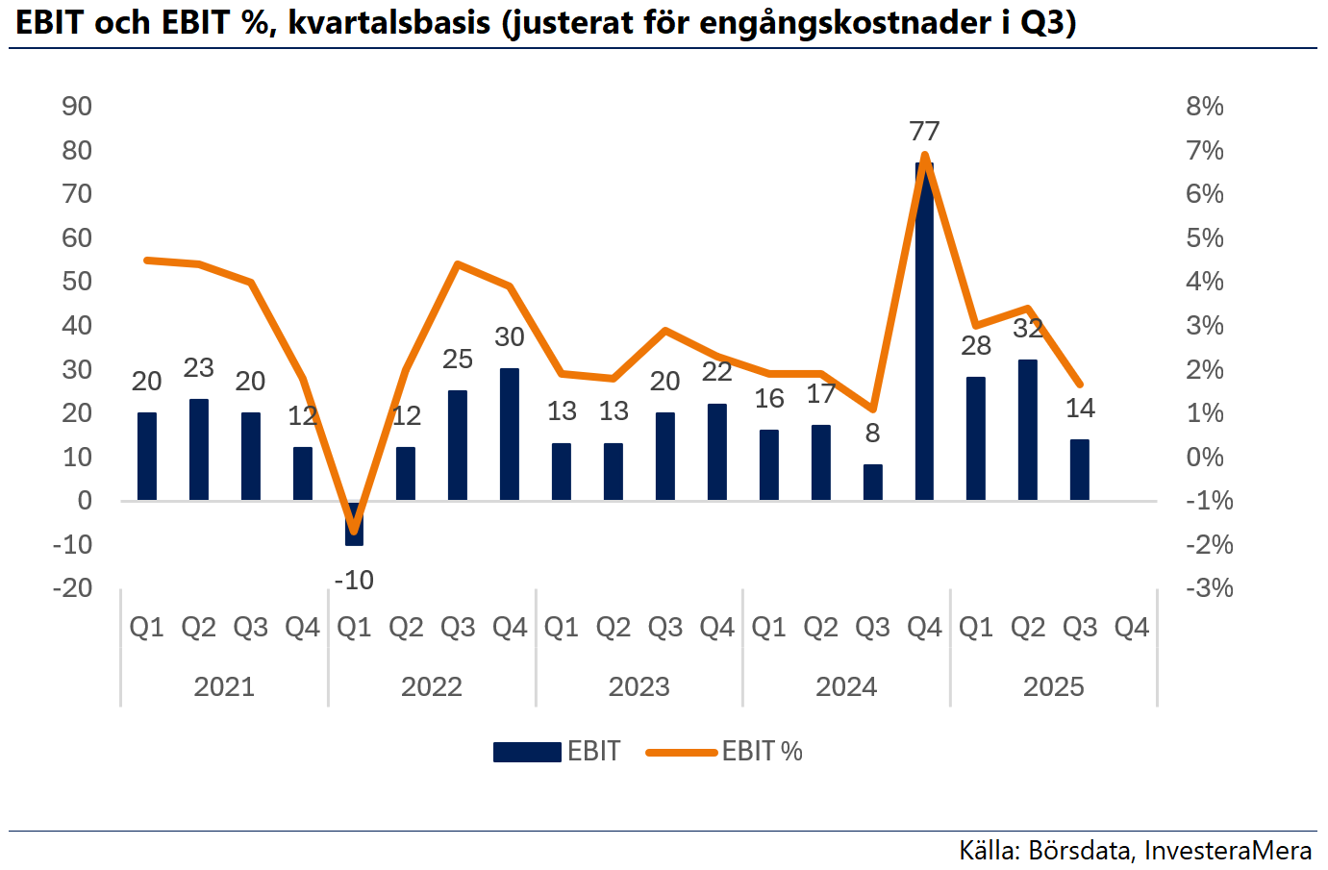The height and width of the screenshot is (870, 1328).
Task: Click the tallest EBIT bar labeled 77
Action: pos(924,332)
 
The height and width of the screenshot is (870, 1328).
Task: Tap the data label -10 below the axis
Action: pos(354,581)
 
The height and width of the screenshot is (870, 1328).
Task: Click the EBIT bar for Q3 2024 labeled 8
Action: pos(873,483)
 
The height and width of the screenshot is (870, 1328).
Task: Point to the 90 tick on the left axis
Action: pos(77,107)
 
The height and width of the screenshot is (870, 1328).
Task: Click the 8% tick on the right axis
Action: pos(1205,107)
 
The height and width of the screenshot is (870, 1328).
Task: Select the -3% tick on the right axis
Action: pos(1210,588)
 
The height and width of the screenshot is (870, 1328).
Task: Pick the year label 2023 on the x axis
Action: pos(639,687)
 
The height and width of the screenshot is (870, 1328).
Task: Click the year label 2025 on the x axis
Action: pos(1054,687)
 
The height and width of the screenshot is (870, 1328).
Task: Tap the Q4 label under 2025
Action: pos(1132,627)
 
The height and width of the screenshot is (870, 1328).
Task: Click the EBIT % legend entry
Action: pos(724,752)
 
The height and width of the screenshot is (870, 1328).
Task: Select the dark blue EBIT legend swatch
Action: pos(527,752)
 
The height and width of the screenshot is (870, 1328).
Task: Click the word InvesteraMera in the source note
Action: pos(1228,851)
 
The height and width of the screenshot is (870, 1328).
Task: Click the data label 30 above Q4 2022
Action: pos(510,337)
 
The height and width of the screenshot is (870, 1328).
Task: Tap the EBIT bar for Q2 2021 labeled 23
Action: pos(199,450)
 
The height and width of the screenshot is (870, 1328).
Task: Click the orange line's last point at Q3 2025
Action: pos(1080,385)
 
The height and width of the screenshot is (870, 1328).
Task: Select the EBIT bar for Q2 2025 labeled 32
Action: pos(1027,431)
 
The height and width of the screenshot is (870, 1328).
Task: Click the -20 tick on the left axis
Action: pos(72,588)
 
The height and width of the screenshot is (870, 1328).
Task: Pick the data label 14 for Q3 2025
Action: pos(1080,409)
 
